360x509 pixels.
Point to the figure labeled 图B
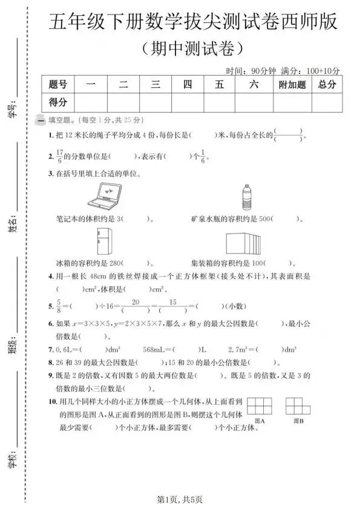pos(297,405)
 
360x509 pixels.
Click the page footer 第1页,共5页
pos(180,499)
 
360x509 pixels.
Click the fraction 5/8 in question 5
pos(59,304)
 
